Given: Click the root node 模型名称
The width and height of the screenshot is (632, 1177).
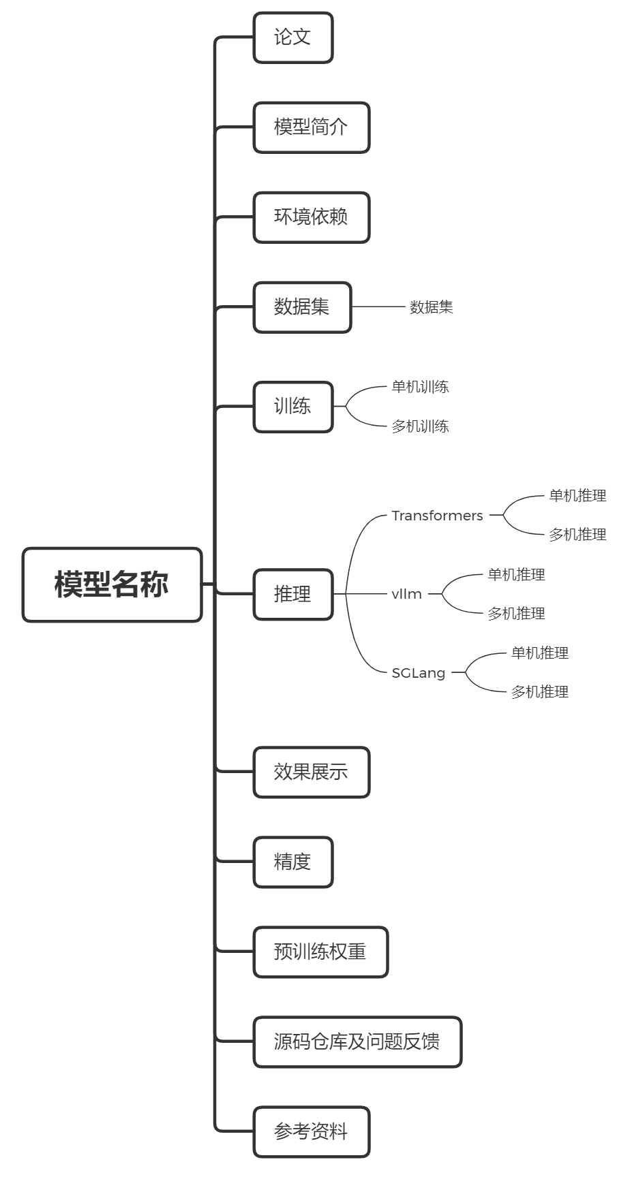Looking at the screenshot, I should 112,584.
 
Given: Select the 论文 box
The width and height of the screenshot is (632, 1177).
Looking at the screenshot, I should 293,37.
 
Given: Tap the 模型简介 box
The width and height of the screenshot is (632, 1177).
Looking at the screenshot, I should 312,127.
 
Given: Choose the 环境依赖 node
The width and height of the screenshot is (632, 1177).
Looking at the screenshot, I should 312,217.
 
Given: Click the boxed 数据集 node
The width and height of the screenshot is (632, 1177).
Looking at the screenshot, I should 302,307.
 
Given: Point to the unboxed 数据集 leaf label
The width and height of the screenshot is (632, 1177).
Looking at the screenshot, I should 431,307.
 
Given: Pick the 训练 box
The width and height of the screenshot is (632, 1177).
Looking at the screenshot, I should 293,407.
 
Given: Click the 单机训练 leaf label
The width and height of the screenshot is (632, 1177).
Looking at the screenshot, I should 420,387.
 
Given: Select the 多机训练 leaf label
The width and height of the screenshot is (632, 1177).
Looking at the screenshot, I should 420,426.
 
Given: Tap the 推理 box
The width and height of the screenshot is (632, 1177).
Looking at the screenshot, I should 293,594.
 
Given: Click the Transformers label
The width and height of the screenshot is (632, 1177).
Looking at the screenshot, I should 437,516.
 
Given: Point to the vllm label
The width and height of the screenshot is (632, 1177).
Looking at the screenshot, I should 406,594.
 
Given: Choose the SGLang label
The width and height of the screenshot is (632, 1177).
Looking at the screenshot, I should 418,673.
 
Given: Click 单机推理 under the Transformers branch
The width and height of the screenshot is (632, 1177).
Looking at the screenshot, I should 577,496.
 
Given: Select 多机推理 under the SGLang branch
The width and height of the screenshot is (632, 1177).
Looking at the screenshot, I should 539,692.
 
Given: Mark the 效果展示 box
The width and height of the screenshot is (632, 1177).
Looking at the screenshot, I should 312,772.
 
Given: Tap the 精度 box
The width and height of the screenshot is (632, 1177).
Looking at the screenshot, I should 293,862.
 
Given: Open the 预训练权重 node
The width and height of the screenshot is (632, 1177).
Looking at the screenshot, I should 320,952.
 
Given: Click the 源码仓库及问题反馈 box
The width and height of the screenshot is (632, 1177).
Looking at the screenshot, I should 357,1041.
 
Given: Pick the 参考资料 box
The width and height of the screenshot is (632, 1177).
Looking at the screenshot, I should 312,1131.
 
